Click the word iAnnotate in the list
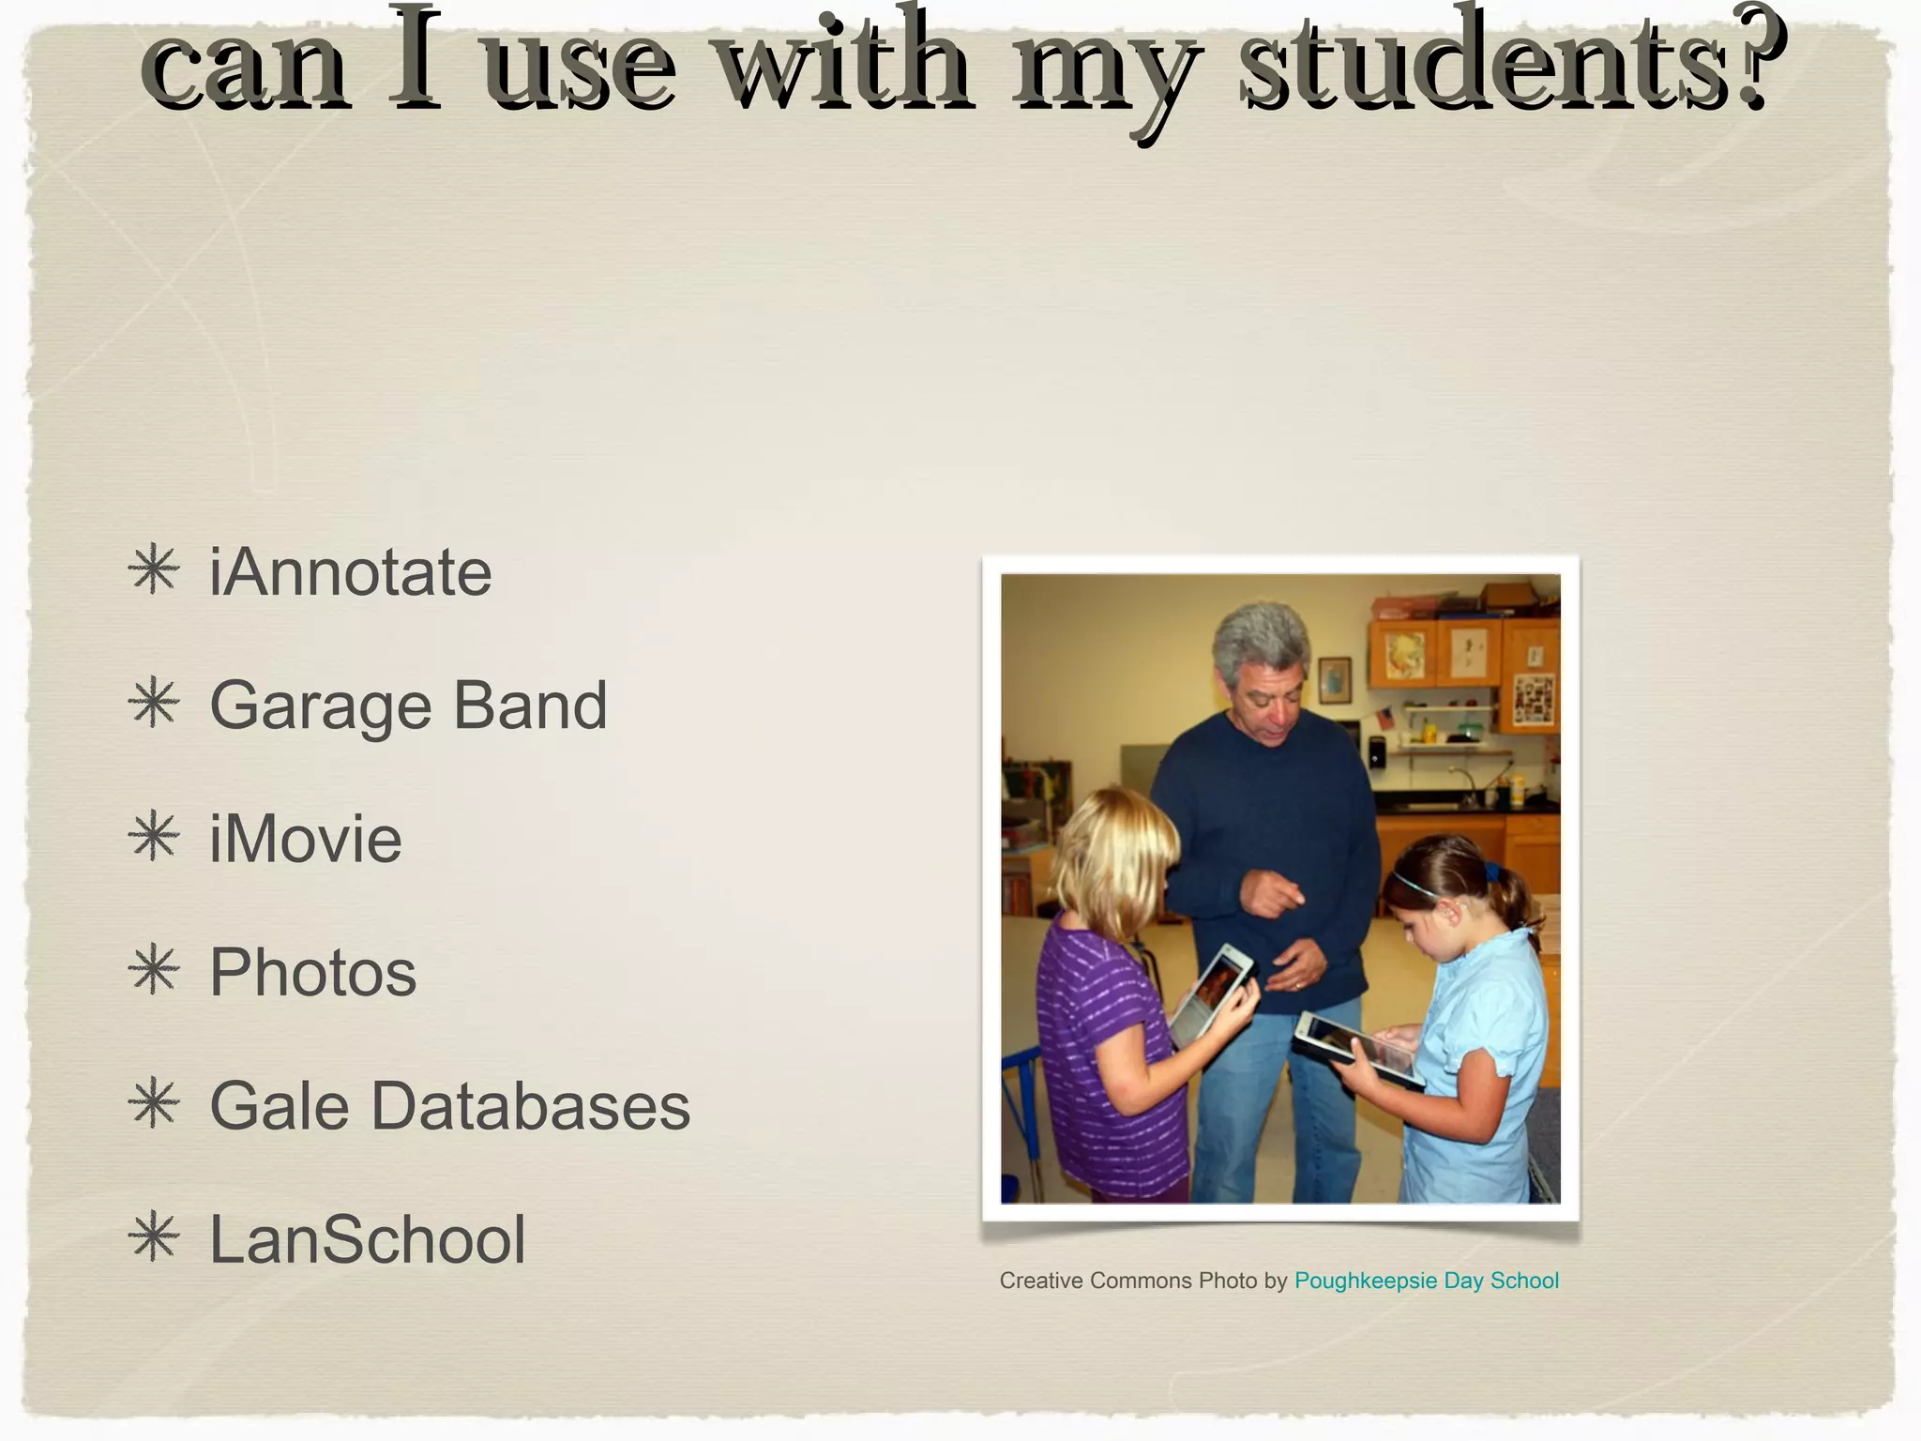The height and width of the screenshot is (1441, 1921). pos(350,572)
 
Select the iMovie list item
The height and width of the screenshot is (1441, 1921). pos(306,839)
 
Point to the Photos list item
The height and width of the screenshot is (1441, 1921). pos(312,972)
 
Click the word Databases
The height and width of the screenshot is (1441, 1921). pos(530,1105)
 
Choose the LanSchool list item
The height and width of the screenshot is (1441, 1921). pos(367,1239)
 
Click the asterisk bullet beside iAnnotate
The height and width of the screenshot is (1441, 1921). pos(154,570)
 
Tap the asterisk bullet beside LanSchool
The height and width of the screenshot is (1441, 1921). pos(154,1237)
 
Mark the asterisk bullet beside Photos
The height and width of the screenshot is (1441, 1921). pos(154,970)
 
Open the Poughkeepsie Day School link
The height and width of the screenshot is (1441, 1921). pos(1426,1281)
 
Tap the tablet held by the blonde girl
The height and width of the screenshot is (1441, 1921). pos(1211,994)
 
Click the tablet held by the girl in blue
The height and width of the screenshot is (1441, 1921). pos(1358,1049)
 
